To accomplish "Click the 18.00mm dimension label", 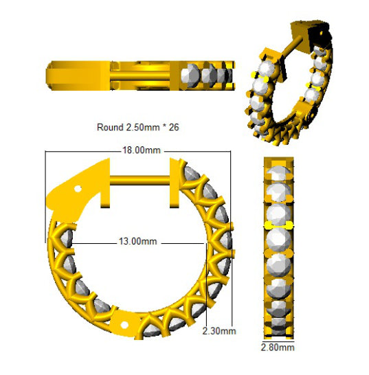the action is [x=141, y=150].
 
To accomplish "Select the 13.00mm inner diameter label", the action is [x=138, y=241].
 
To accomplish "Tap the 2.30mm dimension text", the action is [x=219, y=331].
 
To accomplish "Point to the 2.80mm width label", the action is [x=278, y=348].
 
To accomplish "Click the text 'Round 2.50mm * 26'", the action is [x=138, y=127].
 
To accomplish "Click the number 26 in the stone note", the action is [x=174, y=127].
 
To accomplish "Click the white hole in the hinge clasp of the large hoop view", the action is [x=78, y=189].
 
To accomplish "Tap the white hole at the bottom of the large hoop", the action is [x=124, y=325].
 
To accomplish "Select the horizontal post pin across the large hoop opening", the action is [x=139, y=180].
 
